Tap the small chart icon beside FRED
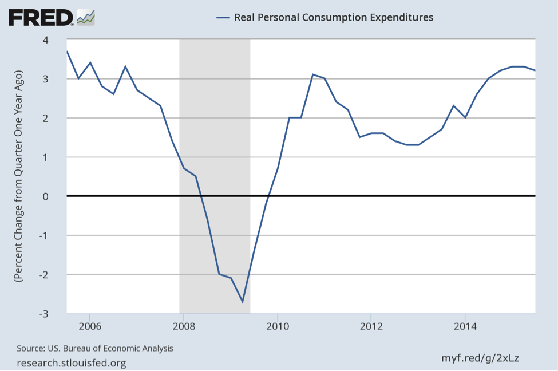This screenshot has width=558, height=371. (x=86, y=17)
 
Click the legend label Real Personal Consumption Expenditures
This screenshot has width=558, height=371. (x=334, y=17)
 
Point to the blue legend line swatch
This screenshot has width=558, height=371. (x=223, y=17)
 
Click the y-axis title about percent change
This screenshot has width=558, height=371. (x=18, y=176)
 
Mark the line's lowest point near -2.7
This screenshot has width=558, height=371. (x=243, y=302)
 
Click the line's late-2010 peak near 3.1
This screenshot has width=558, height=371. (x=313, y=74)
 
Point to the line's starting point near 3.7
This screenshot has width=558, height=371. (x=67, y=52)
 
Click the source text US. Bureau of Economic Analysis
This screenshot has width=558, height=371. (x=95, y=348)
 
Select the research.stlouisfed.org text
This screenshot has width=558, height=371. (x=72, y=362)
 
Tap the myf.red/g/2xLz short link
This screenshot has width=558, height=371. (x=480, y=358)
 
